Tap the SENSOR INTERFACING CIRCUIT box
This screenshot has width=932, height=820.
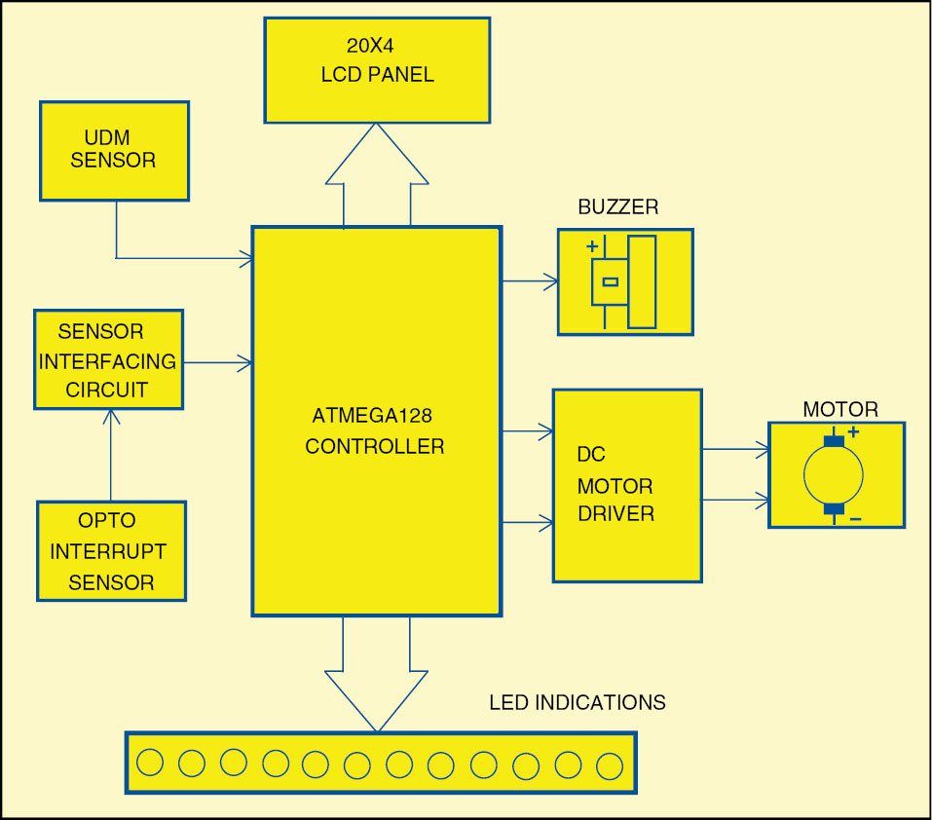[108, 359]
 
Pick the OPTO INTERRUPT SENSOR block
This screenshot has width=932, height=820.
[111, 550]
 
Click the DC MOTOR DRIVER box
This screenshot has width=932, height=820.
[627, 485]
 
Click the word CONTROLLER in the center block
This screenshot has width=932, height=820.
[374, 447]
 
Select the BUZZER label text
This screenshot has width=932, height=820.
[617, 206]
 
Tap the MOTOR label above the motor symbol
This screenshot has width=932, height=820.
[839, 409]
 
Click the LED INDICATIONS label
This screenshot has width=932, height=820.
[577, 702]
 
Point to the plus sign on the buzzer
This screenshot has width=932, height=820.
[591, 247]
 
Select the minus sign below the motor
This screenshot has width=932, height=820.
[854, 519]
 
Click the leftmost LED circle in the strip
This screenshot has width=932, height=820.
[150, 763]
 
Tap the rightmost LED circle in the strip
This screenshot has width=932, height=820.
[610, 765]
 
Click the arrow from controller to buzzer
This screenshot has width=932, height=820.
[530, 282]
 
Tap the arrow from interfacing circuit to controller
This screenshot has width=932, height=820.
[218, 363]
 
